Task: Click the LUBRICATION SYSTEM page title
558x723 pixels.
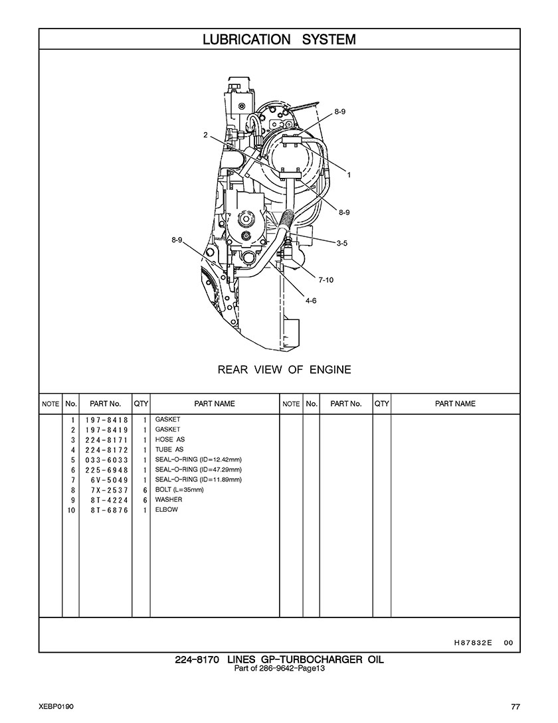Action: pyautogui.click(x=279, y=40)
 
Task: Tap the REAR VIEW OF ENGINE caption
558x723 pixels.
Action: pyautogui.click(x=284, y=370)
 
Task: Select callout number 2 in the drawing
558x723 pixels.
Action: pyautogui.click(x=205, y=135)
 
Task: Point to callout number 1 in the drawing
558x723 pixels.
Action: pyautogui.click(x=349, y=175)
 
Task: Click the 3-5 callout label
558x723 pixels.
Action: pyautogui.click(x=341, y=244)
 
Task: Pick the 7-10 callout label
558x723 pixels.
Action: pyautogui.click(x=326, y=280)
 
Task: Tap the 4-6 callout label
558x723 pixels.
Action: pyautogui.click(x=311, y=301)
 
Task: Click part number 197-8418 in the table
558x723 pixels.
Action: pyautogui.click(x=106, y=420)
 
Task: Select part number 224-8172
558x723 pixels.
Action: pyautogui.click(x=106, y=450)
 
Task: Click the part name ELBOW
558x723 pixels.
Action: pyautogui.click(x=166, y=509)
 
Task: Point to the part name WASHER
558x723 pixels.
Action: pyautogui.click(x=169, y=499)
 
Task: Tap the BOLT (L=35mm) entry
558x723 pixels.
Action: pyautogui.click(x=179, y=490)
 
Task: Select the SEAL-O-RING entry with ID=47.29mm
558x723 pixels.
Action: pyautogui.click(x=199, y=469)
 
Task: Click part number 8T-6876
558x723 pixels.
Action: pyautogui.click(x=110, y=511)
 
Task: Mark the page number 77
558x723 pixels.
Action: pyautogui.click(x=515, y=707)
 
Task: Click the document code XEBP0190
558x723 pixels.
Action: pyautogui.click(x=56, y=707)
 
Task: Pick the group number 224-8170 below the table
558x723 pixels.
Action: pyautogui.click(x=197, y=660)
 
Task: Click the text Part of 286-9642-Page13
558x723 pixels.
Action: pyautogui.click(x=279, y=669)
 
